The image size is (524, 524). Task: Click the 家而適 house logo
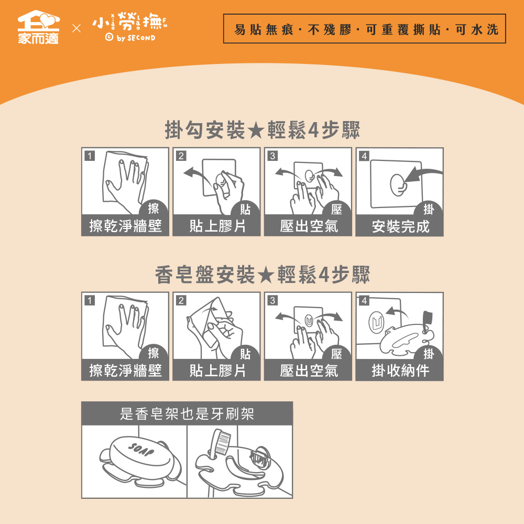(38, 27)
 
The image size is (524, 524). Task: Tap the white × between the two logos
(77, 28)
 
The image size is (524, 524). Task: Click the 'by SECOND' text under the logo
(136, 38)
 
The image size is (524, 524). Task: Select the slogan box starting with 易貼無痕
(364, 28)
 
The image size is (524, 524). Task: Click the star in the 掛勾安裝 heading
(256, 130)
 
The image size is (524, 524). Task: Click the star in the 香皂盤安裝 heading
(266, 276)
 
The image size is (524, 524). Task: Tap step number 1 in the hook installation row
(90, 156)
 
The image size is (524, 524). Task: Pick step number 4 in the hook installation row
(364, 156)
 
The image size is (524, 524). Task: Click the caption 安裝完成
(400, 226)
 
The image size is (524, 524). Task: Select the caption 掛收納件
(400, 370)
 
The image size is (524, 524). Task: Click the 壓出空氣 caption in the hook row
(309, 226)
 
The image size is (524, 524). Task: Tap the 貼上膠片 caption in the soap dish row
(217, 370)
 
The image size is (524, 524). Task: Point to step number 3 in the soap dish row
(272, 300)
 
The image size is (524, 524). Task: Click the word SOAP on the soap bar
(141, 450)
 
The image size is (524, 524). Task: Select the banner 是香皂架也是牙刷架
(187, 414)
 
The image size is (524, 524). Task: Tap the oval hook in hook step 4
(398, 185)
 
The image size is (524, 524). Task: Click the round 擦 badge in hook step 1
(154, 208)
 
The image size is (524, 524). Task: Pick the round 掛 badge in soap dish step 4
(429, 353)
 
